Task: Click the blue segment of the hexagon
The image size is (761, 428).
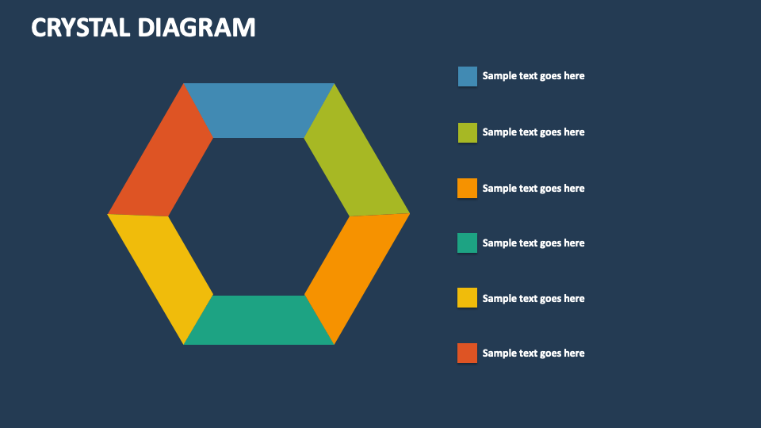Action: pos(258,110)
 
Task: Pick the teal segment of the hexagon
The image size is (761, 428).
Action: pos(258,320)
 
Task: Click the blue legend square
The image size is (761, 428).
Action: pos(468,76)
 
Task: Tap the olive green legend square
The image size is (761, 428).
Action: pos(468,132)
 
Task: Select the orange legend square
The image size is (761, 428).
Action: pos(468,188)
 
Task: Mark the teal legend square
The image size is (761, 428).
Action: pos(468,243)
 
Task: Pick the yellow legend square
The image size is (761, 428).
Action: pos(468,298)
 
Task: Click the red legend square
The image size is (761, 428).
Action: pos(468,353)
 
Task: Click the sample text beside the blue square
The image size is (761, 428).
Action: pos(533,76)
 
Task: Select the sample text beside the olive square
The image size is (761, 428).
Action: pos(533,132)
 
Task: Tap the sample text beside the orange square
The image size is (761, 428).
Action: pos(533,188)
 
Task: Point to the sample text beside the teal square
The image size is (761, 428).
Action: pos(533,243)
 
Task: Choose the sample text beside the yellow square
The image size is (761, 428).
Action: pos(533,299)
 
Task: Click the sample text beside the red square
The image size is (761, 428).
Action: pos(533,353)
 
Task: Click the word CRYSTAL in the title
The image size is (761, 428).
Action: pos(80,28)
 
